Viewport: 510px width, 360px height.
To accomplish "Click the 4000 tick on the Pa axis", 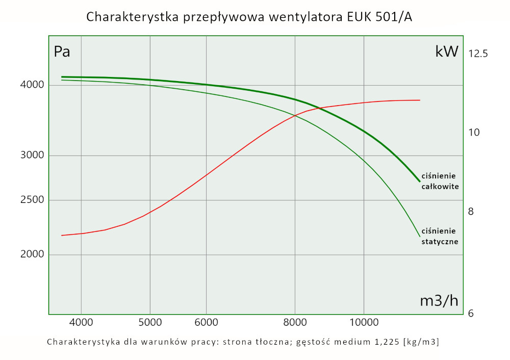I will (x=32, y=85).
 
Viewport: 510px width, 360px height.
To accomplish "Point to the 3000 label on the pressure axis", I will (x=32, y=156).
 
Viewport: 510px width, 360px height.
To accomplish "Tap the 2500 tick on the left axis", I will (x=32, y=200).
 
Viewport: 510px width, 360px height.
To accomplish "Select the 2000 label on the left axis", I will (x=32, y=254).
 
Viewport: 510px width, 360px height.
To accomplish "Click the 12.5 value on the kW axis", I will (x=478, y=53).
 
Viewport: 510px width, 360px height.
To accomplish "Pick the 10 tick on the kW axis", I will (x=474, y=132).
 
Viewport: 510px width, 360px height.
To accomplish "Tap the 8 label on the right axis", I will (x=471, y=211).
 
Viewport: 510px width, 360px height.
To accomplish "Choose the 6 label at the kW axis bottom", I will (x=471, y=313).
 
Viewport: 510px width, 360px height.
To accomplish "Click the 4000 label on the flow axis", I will (x=81, y=322).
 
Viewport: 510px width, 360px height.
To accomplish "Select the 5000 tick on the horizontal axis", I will (x=150, y=322).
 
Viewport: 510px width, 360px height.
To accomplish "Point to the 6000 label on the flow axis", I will (x=206, y=322).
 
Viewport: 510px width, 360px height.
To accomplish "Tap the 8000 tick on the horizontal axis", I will (x=295, y=322).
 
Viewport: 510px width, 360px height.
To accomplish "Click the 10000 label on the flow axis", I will (x=364, y=322).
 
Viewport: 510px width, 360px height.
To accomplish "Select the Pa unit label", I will (x=62, y=52).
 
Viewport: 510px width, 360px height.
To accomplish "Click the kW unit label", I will (x=447, y=52).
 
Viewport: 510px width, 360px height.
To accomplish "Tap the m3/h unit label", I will (x=439, y=301).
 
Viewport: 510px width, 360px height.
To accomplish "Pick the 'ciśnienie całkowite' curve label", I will (x=440, y=181).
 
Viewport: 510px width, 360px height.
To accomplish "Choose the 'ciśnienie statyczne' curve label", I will (x=440, y=236).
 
